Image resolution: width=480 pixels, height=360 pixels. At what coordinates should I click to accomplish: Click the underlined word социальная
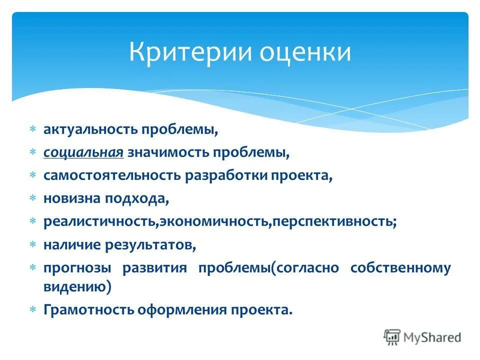(83, 152)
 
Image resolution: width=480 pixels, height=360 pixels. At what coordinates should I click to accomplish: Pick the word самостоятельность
(112, 175)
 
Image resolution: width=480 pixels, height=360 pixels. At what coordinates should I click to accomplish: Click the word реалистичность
(100, 222)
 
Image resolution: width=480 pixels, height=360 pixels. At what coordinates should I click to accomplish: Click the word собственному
(400, 268)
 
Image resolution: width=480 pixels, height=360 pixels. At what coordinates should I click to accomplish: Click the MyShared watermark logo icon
(392, 337)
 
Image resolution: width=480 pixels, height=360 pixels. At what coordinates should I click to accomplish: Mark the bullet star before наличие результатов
(33, 245)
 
